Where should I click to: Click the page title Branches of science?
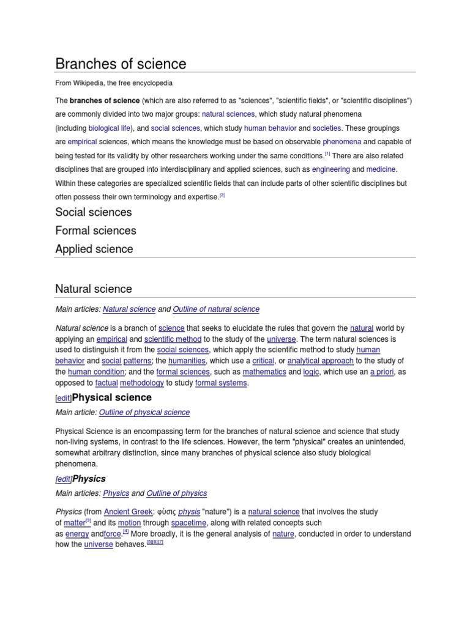(121, 64)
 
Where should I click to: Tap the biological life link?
(110, 128)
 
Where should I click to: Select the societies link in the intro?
(327, 128)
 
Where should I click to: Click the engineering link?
(330, 169)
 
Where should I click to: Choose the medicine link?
(382, 169)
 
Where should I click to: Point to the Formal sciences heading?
(95, 230)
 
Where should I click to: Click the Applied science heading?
(94, 249)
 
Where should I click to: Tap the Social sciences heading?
(93, 212)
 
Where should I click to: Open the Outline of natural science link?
(216, 309)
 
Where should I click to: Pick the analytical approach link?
(320, 361)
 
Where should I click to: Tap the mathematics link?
(264, 372)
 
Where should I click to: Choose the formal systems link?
(221, 383)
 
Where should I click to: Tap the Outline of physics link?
(177, 493)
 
